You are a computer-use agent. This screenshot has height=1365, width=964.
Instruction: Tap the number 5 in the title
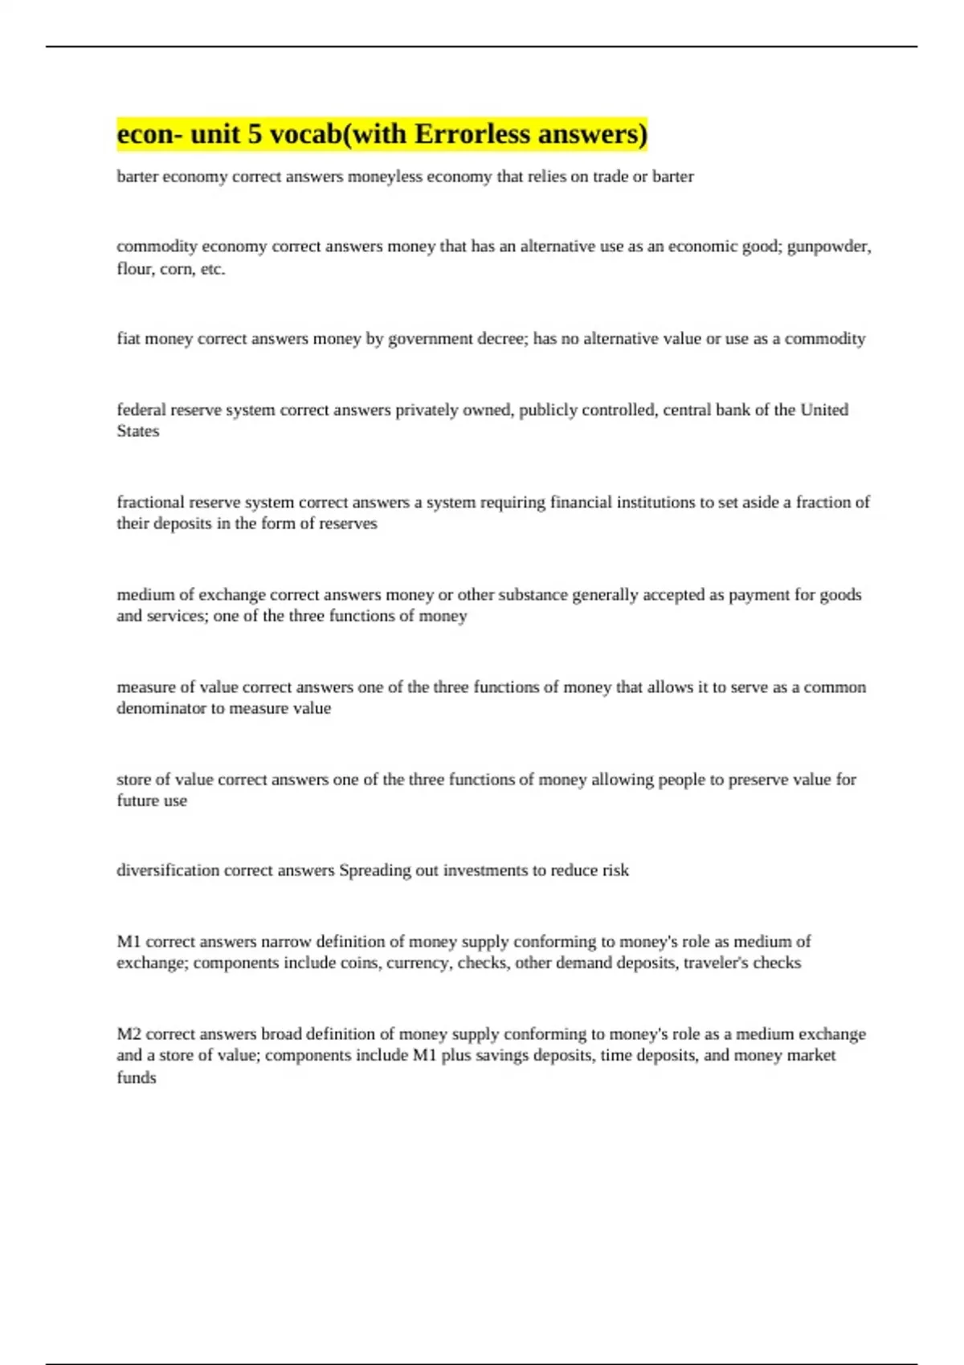pos(255,134)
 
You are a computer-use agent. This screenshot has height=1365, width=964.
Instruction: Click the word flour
pos(133,269)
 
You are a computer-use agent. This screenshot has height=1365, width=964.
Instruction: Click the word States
pos(137,431)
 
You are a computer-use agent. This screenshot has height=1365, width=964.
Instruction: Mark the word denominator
pos(161,708)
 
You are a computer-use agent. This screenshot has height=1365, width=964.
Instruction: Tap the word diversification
pos(167,870)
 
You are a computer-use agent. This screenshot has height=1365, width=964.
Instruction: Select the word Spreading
pos(374,870)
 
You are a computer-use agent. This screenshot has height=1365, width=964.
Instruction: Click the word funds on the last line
pos(136,1078)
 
